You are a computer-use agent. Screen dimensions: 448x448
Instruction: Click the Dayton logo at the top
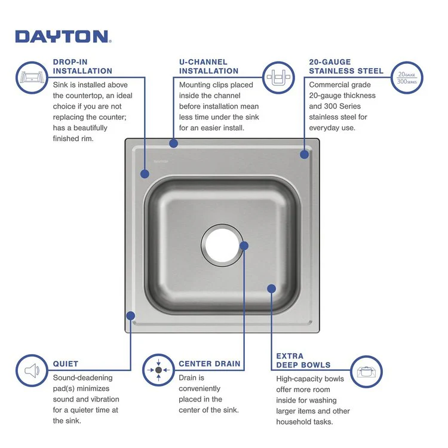[63, 36]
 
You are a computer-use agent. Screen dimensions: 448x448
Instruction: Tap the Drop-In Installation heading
[82, 66]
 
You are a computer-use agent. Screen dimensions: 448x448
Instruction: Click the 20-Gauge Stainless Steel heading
[346, 66]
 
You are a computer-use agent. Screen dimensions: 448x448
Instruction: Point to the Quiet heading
[66, 363]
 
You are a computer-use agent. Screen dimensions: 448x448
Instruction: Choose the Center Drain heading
[209, 363]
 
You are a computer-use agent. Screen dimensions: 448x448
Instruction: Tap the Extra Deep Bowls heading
[303, 360]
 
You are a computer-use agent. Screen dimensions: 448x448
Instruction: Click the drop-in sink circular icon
[30, 78]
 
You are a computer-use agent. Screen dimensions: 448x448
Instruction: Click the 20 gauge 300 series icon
[407, 78]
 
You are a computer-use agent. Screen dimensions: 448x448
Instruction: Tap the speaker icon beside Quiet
[30, 370]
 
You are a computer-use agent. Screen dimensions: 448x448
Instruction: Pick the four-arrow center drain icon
[158, 370]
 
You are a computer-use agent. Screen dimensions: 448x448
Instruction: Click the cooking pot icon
[365, 371]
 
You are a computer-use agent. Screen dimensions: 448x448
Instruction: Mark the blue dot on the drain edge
[243, 246]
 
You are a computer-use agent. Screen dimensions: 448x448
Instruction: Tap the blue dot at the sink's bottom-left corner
[131, 315]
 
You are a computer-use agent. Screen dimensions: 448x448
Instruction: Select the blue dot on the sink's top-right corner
[304, 154]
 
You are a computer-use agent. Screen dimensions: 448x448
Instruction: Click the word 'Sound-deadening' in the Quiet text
[82, 378]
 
